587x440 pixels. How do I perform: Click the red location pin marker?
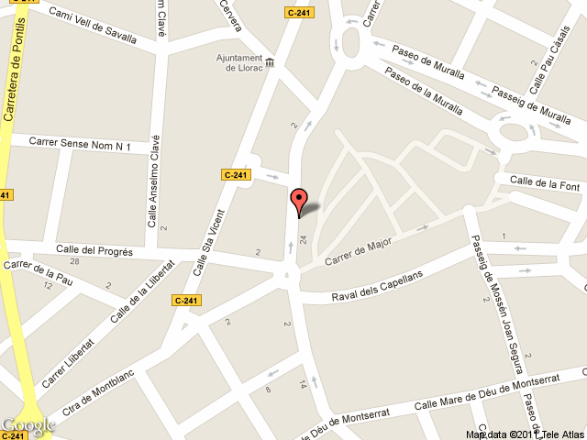[299, 200]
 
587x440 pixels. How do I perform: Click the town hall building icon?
[271, 73]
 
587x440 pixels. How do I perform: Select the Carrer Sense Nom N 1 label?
[82, 144]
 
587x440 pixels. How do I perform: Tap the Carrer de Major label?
[357, 249]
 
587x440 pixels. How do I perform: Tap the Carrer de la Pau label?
[39, 272]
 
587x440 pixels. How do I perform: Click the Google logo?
[28, 425]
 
